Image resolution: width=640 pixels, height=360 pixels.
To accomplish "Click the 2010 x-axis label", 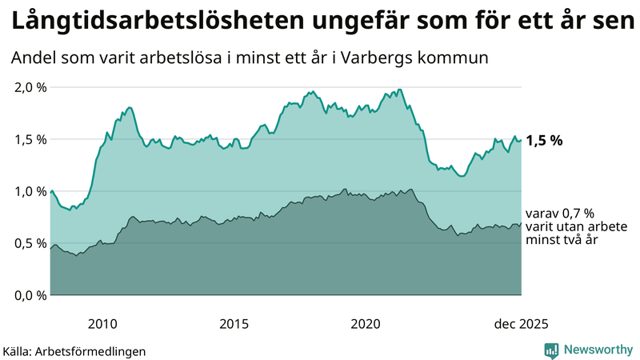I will (x=102, y=323).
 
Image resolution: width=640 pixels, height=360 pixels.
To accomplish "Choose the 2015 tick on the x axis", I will (x=234, y=323).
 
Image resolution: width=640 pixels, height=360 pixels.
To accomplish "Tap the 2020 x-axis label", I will (x=366, y=323).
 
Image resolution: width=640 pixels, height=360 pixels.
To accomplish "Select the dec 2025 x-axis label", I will (x=521, y=323).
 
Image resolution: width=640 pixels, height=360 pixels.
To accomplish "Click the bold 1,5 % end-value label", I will (x=544, y=140).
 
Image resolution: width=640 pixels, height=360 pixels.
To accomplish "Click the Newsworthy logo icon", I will (x=551, y=350).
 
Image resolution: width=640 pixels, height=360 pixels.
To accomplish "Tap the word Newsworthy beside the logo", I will (x=598, y=350).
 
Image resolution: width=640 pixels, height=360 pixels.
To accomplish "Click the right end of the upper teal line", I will (x=521, y=140).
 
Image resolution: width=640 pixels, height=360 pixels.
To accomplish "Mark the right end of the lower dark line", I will (x=521, y=223).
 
